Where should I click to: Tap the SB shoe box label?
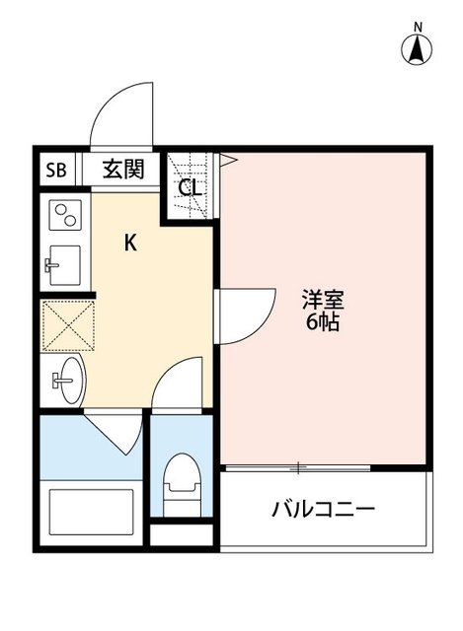click(55, 170)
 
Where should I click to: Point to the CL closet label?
click(191, 187)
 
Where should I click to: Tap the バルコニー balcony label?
click(323, 509)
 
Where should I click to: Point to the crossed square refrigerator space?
click(65, 323)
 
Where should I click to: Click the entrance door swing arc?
click(118, 116)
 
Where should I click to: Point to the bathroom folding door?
click(116, 434)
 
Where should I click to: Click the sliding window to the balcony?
click(297, 465)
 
